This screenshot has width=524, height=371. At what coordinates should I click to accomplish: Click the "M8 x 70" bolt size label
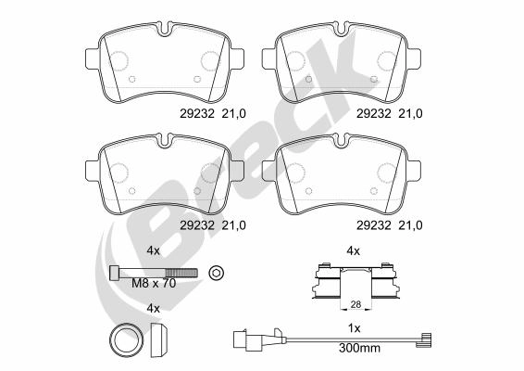coord(153,283)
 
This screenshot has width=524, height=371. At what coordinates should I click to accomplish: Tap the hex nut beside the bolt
coord(217,272)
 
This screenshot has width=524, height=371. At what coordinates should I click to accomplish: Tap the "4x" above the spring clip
coord(352,250)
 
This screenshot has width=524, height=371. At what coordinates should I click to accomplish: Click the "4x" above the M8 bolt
coord(154,250)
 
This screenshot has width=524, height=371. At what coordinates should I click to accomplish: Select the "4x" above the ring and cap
coord(154,308)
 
